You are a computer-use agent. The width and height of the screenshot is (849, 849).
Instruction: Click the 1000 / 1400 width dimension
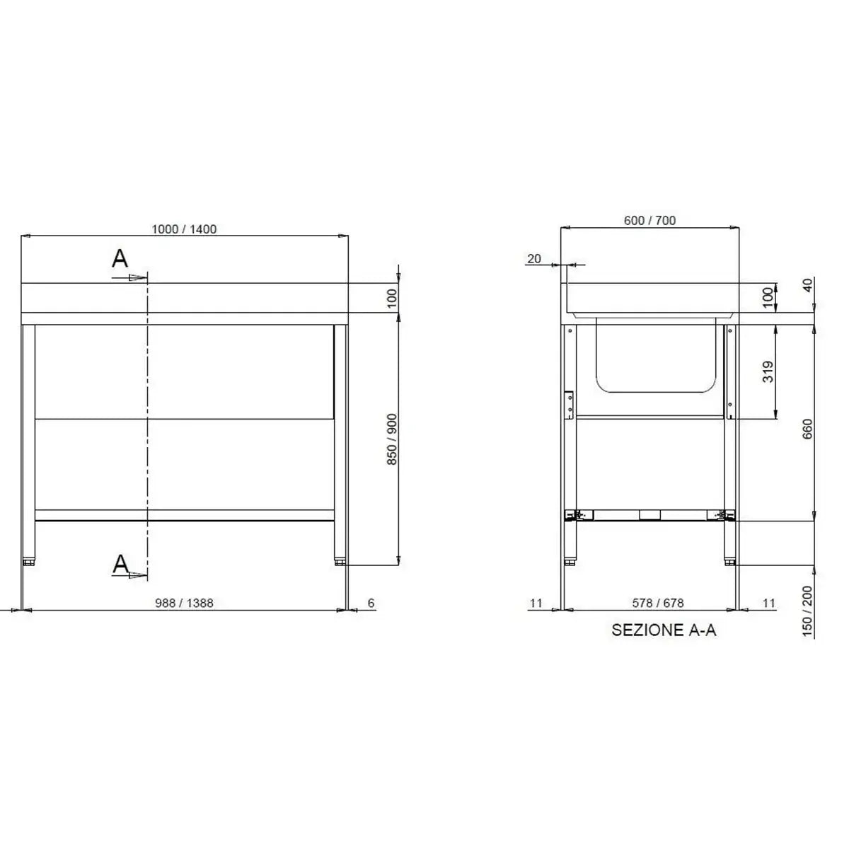point(184,229)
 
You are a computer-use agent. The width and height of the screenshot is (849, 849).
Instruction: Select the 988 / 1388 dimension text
point(184,603)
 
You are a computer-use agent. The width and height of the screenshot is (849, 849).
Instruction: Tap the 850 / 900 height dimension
point(393,439)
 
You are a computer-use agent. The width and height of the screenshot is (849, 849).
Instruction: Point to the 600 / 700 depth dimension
point(649,220)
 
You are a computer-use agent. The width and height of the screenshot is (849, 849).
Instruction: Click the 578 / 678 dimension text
point(658,603)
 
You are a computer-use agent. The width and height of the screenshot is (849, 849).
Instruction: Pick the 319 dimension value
point(769,371)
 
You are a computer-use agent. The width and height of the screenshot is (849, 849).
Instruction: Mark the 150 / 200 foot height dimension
point(809,612)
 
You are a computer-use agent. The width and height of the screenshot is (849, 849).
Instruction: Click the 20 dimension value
point(534,259)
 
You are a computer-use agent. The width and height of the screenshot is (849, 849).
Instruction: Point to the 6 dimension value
point(371,603)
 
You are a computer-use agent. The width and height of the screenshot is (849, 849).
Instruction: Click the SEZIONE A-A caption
point(664,630)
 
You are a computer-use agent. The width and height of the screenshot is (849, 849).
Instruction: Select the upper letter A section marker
point(120,259)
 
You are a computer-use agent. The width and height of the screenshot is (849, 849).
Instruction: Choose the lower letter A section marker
point(121,563)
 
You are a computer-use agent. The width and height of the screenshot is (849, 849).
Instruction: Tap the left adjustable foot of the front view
point(29,562)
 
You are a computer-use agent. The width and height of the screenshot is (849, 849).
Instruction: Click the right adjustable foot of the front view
point(340,562)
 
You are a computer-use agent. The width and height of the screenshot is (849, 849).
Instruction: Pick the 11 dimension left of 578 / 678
point(536,603)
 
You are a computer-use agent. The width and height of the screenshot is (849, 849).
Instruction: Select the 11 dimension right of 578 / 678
point(769,603)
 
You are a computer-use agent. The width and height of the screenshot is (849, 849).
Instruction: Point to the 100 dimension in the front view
point(393,298)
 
